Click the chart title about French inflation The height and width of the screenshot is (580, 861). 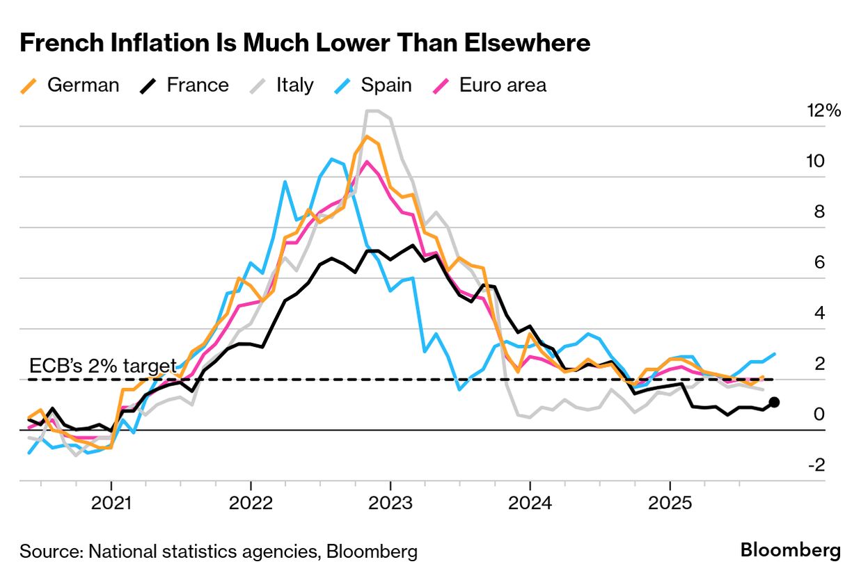click(x=305, y=43)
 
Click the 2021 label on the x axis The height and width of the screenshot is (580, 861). click(x=111, y=503)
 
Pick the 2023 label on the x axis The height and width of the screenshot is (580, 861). click(x=390, y=503)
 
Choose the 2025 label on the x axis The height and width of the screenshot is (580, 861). click(x=670, y=503)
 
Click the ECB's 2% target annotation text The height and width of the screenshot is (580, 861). click(x=102, y=366)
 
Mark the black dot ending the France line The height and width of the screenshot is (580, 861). click(x=774, y=402)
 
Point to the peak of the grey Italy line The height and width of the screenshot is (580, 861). click(x=372, y=111)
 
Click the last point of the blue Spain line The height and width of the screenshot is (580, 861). click(x=775, y=354)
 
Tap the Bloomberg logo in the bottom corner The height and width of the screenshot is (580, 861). click(x=790, y=551)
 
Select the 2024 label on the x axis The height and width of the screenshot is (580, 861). click(x=530, y=503)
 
